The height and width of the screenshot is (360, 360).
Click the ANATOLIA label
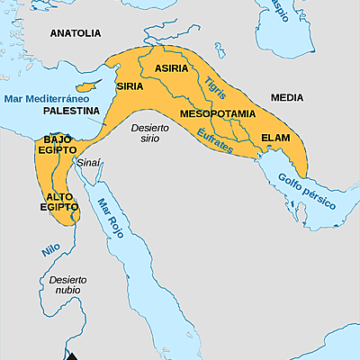pos(75,33)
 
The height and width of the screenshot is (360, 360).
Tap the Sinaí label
pos(89,162)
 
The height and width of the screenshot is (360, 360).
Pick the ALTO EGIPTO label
pos(58,201)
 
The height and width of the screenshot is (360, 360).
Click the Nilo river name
pos(50,249)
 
